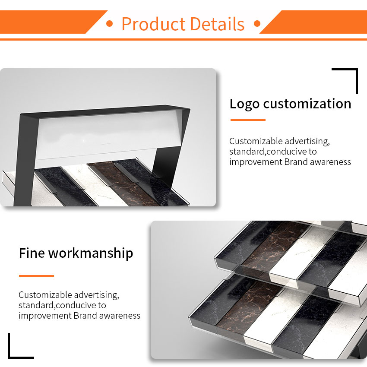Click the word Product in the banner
click(154, 24)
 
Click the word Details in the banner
click(218, 24)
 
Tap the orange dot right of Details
click(257, 23)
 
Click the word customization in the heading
click(307, 104)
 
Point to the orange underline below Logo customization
click(248, 120)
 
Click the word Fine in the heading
click(32, 253)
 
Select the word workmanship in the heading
click(91, 254)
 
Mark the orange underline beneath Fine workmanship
click(37, 276)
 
